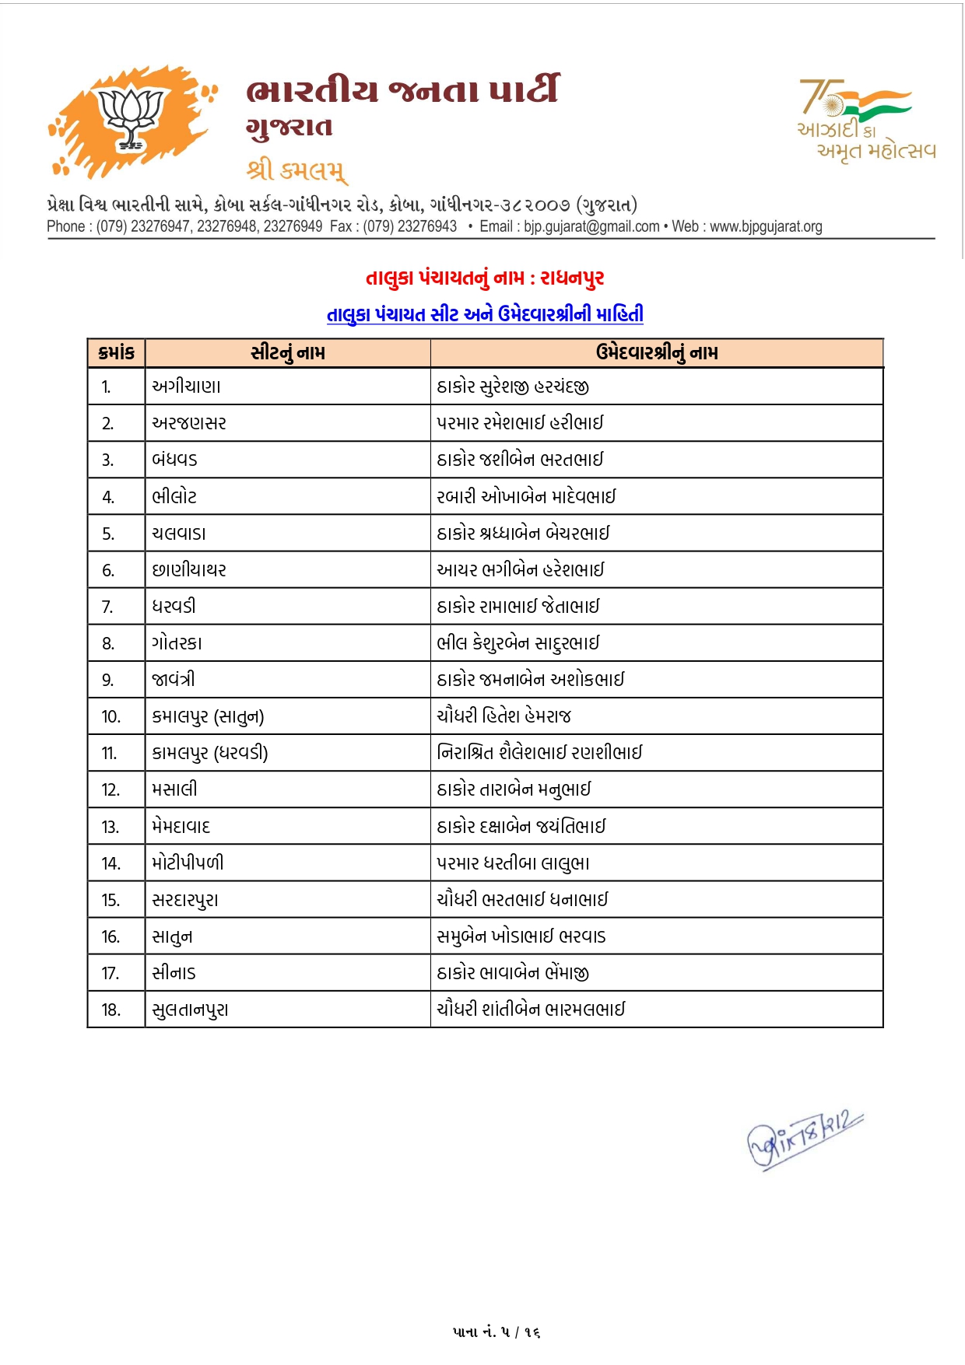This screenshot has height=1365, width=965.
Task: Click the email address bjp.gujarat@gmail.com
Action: click(591, 227)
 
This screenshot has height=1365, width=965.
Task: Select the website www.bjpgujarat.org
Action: click(766, 227)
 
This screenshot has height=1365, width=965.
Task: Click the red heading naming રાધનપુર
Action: click(485, 278)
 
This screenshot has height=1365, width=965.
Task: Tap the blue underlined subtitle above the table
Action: click(485, 314)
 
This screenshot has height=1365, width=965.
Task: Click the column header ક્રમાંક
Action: click(117, 353)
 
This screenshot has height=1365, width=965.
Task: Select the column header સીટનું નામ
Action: click(288, 353)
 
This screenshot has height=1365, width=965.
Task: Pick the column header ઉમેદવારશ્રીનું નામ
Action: click(657, 353)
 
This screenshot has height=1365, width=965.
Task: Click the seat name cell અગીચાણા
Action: click(187, 387)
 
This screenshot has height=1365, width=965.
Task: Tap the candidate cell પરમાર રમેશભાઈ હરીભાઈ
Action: click(520, 423)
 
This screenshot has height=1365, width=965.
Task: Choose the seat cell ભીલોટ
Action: click(174, 497)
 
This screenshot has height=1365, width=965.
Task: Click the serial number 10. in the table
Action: click(111, 717)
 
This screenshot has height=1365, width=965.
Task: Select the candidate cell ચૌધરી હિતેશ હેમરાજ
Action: click(504, 716)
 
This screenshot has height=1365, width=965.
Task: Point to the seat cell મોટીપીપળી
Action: click(188, 863)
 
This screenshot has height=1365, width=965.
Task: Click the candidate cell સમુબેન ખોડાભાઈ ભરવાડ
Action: click(521, 936)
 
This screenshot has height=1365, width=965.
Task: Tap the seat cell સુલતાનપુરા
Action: click(191, 1010)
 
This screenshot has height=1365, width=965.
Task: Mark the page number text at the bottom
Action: click(497, 1332)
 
